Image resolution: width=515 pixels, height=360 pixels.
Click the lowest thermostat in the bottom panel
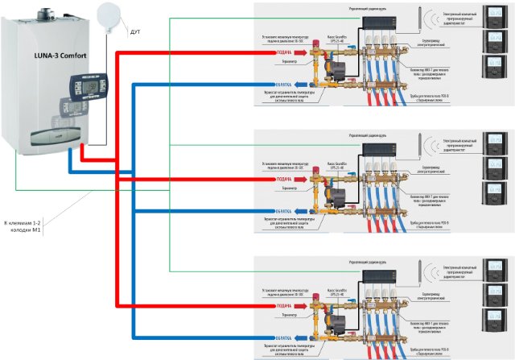490,321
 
